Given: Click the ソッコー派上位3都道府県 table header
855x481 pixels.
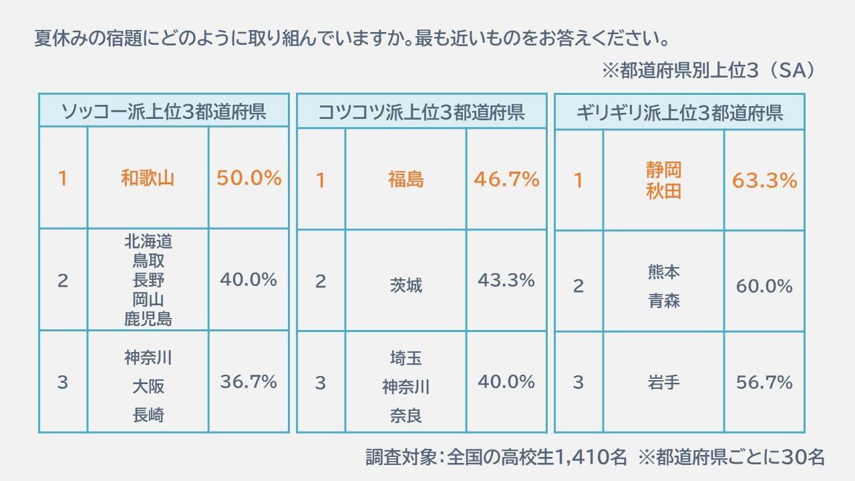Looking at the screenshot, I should point(164,111).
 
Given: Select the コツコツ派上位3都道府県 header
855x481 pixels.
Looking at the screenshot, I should point(421,112).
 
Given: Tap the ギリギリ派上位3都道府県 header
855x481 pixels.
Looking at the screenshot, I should point(679,112).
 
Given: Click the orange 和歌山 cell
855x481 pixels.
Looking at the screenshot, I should point(148,178).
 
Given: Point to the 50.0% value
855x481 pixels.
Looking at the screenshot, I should point(248,178).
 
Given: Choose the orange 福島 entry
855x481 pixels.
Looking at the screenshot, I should point(405,180).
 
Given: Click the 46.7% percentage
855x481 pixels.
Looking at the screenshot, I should point(506,180).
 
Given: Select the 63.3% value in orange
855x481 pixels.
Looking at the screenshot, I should point(764,181).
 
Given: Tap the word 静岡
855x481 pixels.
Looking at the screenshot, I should point(663,170).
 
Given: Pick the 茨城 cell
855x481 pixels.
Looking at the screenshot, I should point(405,285).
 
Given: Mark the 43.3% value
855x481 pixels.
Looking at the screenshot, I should point(506,281).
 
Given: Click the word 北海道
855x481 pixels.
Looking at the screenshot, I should point(148,240).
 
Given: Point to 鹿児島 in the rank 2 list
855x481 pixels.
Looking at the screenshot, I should point(148,319).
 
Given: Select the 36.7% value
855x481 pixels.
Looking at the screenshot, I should point(248,382).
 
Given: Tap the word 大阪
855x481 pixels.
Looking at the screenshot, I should point(148,387).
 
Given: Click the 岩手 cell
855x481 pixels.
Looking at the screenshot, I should point(663,383).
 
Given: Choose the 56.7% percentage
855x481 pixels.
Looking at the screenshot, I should point(764,383).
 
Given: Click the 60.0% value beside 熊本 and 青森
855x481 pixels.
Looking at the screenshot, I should point(764,287).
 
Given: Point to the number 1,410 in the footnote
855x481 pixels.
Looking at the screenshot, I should point(591,457).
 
